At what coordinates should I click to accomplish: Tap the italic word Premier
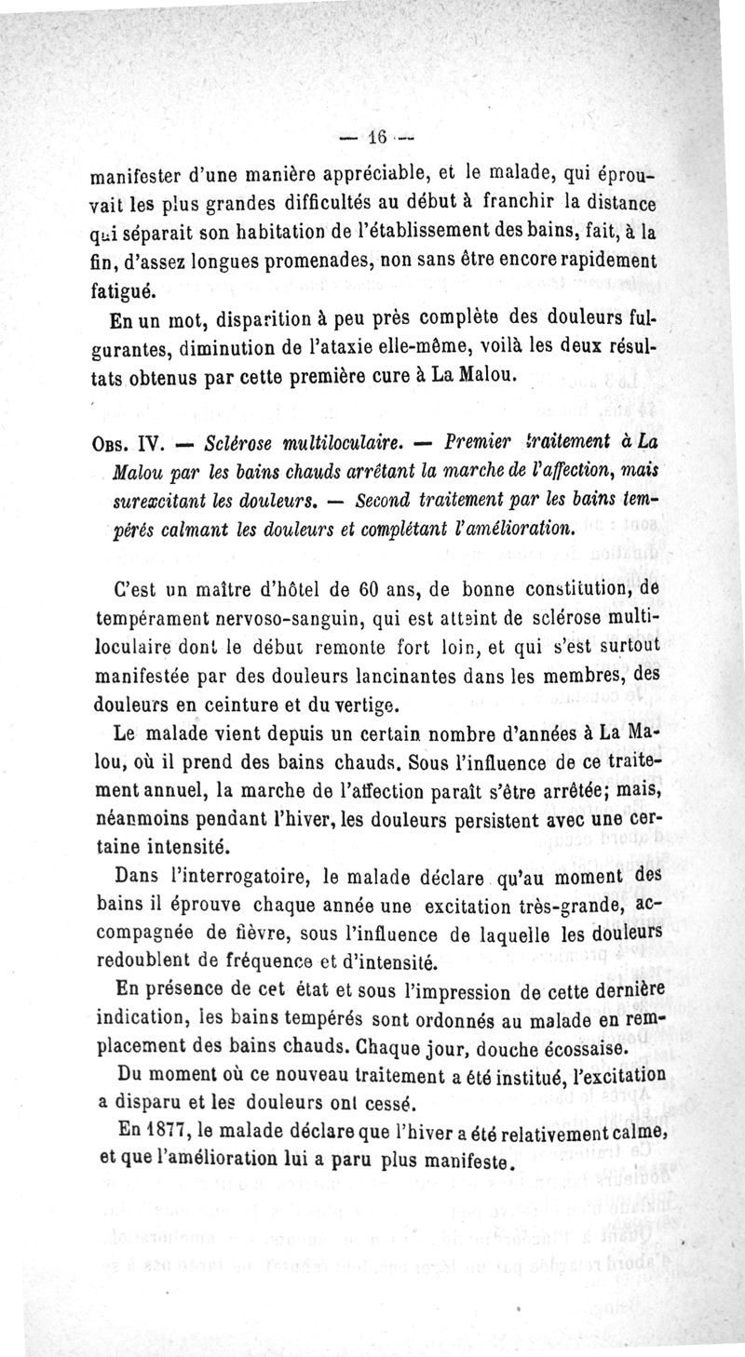point(485,438)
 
